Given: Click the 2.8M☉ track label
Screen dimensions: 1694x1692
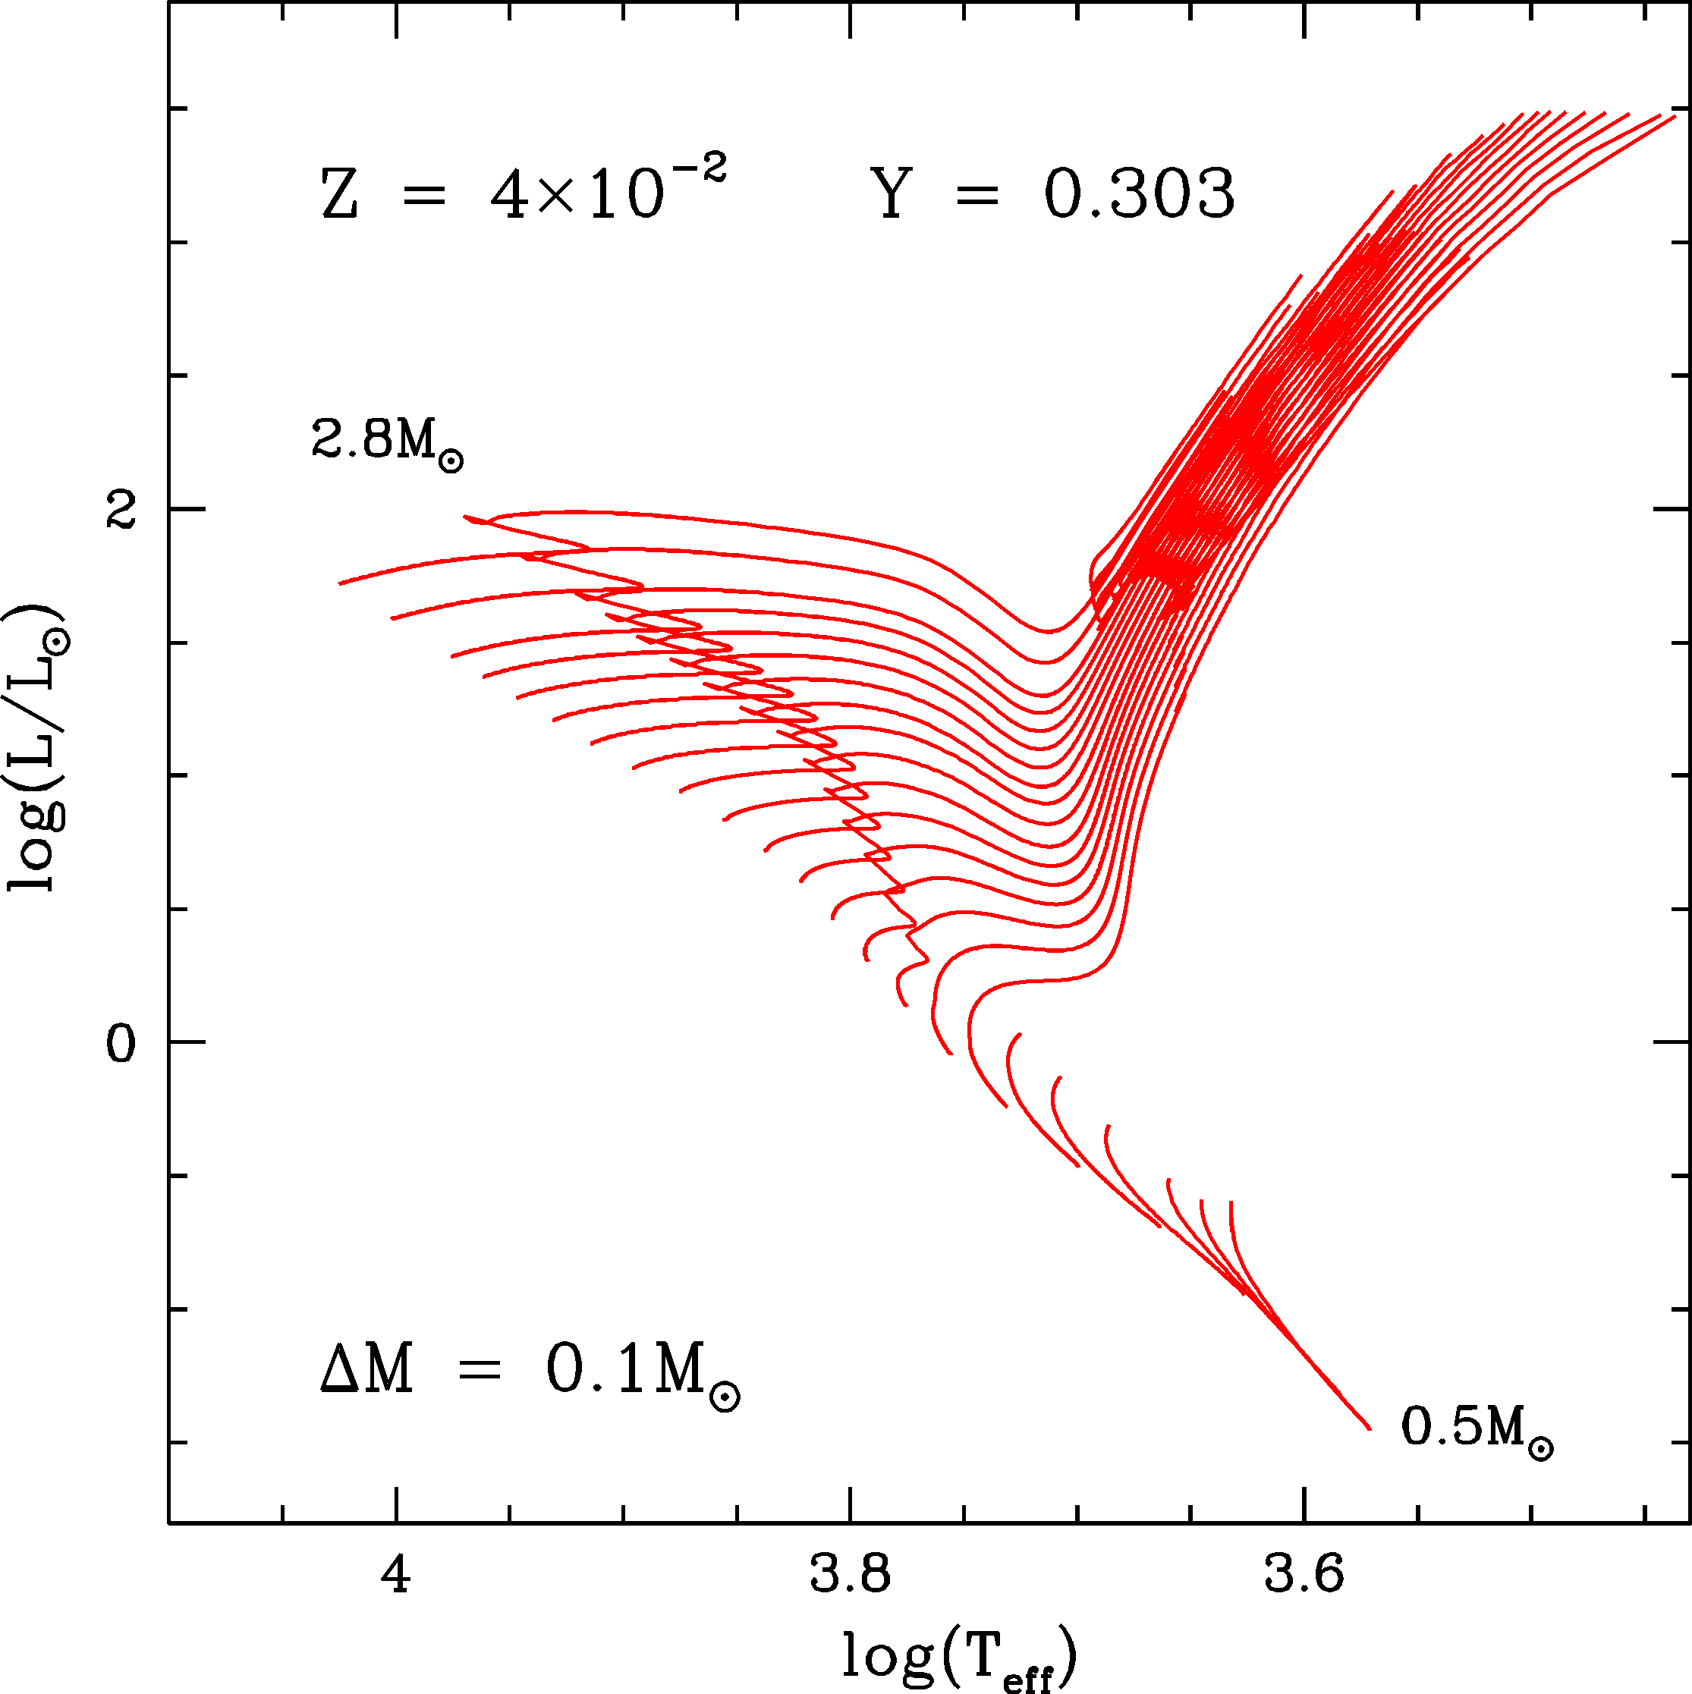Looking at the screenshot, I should [x=387, y=440].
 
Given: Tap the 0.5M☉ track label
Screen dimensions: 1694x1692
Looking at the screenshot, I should [x=1477, y=1426].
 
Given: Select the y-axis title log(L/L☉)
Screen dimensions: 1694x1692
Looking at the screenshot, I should [x=37, y=747].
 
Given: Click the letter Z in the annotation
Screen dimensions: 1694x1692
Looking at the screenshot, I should [x=339, y=196].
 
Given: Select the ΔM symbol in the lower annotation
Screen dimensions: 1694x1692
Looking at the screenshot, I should [x=366, y=1371].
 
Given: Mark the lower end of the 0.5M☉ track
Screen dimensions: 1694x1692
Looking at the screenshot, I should [x=1370, y=1428].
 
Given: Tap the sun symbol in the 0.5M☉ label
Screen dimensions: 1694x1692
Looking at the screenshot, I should [x=1540, y=1447].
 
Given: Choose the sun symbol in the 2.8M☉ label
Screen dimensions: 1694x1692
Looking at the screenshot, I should [x=451, y=461].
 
